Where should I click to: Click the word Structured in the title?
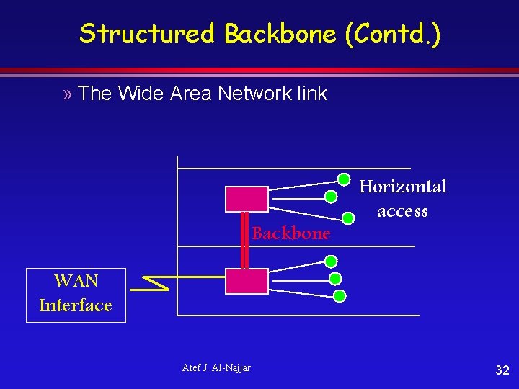coord(147,34)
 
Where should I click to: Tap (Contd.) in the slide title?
coord(392,34)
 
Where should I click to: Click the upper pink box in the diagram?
coord(247,199)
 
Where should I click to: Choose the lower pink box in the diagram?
coord(247,281)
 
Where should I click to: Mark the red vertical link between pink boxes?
coord(244,240)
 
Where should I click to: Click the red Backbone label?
coord(291,233)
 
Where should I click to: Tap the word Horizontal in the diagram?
coord(403,187)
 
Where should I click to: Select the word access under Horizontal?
coord(402,211)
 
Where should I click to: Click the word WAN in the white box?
coord(76,280)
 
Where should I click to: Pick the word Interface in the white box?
coord(76,305)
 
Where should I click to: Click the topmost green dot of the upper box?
coord(345,180)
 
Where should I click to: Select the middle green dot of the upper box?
coord(330,196)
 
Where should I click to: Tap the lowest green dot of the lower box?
coord(340,295)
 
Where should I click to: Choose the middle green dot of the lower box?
coord(334,279)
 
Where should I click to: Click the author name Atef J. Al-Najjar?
coord(216,368)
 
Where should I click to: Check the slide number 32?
coord(502,370)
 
